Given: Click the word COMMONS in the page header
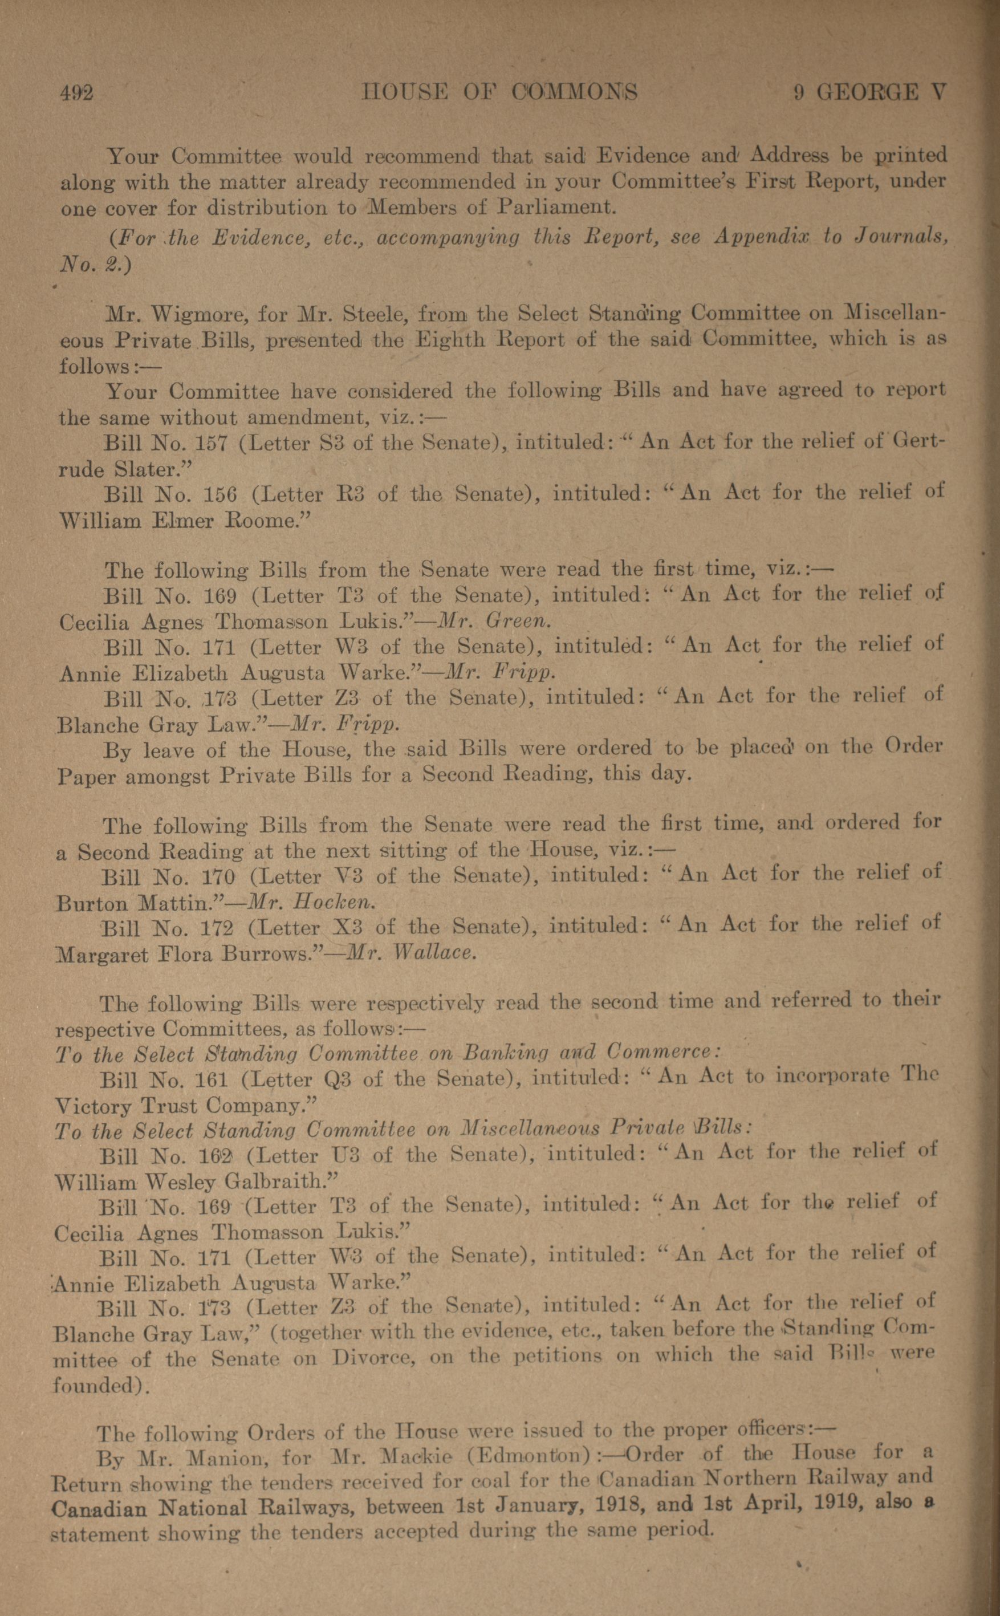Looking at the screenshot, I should point(575,92).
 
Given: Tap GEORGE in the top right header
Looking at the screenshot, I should point(868,92).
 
